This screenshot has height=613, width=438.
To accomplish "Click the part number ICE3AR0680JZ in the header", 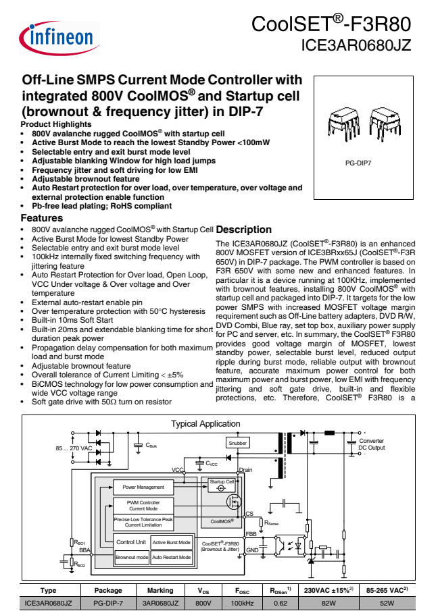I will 356,47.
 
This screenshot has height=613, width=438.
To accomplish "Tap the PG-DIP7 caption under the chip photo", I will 358,163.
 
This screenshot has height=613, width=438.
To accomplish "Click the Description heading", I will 243,230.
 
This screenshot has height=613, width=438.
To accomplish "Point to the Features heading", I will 42,218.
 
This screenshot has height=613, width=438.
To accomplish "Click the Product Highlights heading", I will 56,124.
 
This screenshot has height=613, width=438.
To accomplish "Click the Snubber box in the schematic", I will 237,443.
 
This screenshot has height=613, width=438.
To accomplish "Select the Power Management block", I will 143,487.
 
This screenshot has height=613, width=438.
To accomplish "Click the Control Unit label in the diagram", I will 131,542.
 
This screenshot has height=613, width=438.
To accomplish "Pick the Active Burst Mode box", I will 171,542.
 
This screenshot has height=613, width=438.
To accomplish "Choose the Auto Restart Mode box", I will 171,558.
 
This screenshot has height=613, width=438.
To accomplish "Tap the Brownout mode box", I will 131,558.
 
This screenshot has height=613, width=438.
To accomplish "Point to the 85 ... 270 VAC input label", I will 74,448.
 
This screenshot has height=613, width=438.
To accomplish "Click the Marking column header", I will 160,590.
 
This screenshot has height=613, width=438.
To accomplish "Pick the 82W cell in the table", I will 329,603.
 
